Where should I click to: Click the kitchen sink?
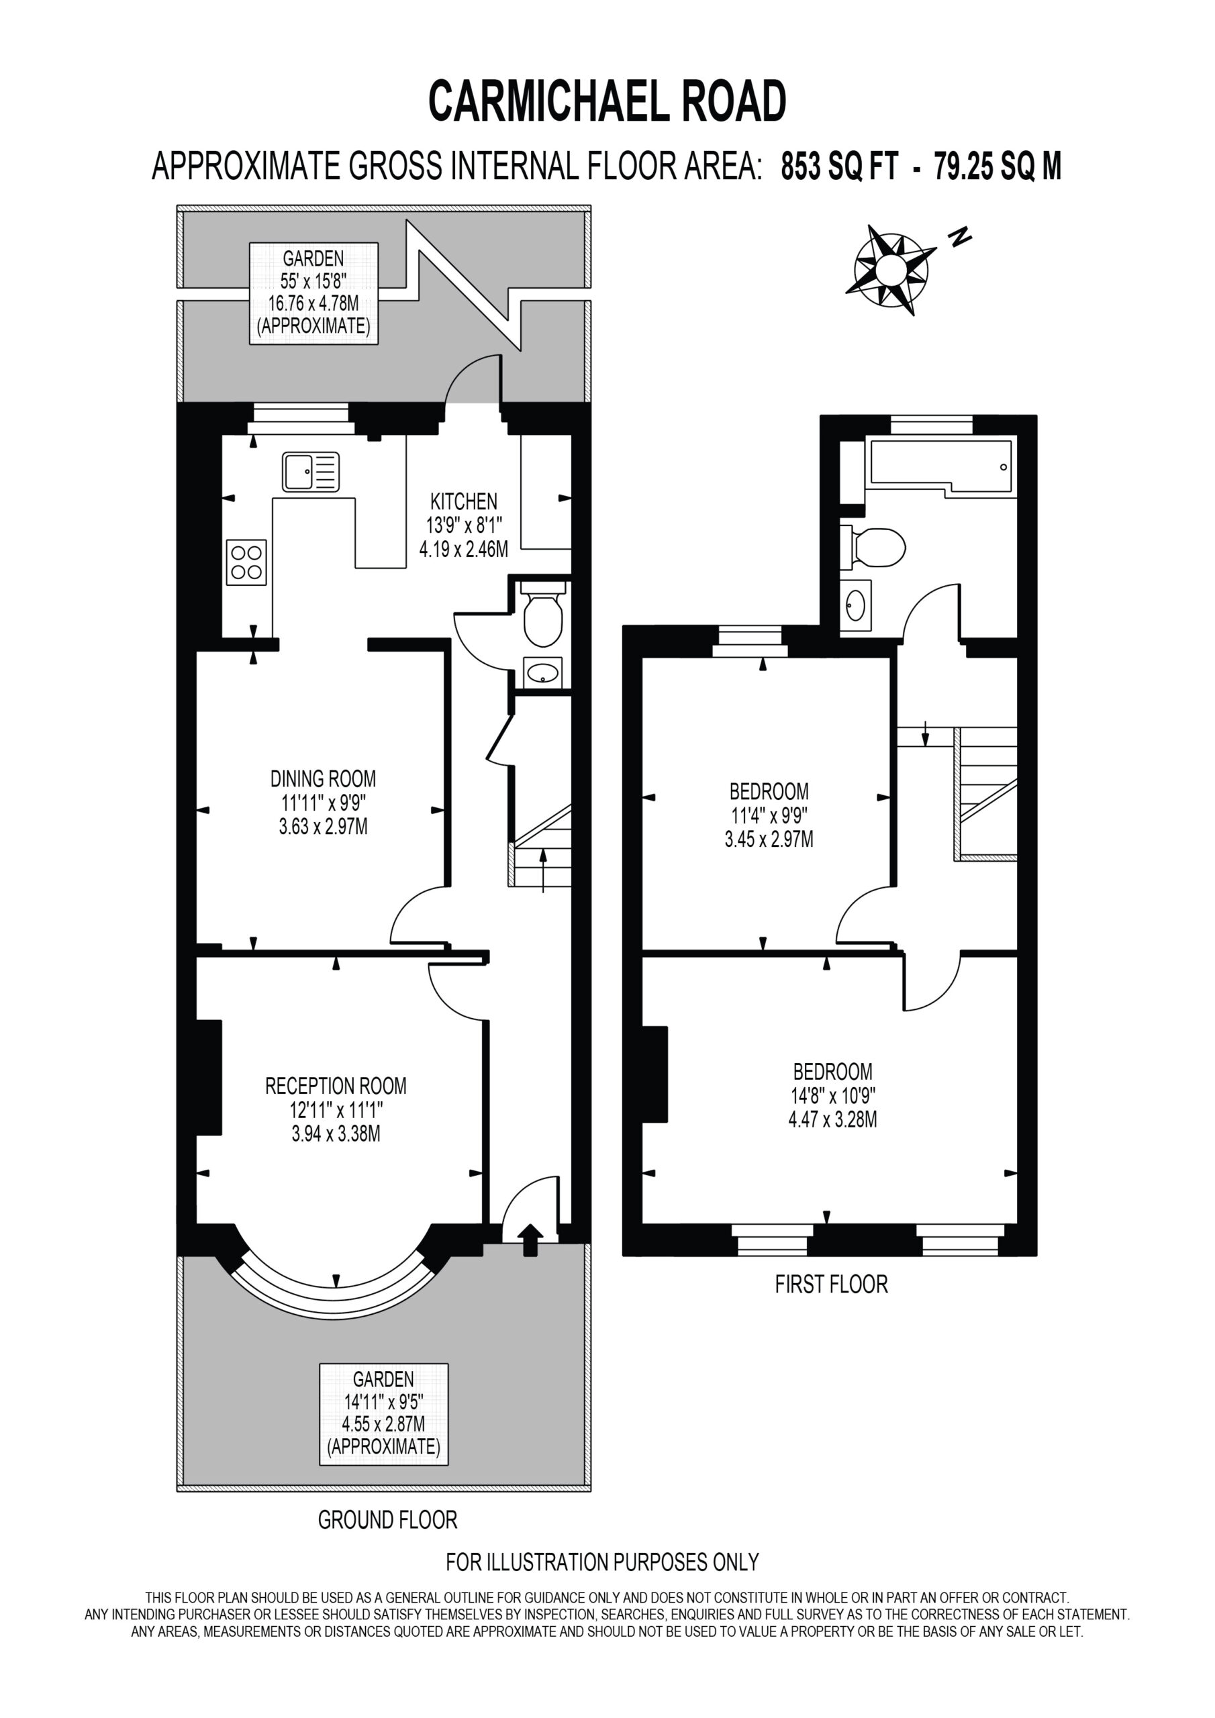coord(311,471)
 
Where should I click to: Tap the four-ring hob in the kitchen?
coord(246,562)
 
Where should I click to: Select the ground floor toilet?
coord(543,611)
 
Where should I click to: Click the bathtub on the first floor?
coord(940,466)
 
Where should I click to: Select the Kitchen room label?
coord(463,501)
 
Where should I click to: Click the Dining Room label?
coord(324,778)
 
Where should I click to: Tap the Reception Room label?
coord(336,1085)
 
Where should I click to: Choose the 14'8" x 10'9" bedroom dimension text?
coord(833,1095)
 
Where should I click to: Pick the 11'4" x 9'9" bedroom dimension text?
coord(769,815)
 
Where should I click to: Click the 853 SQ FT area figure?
coord(839,166)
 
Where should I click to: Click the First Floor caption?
coord(831,1284)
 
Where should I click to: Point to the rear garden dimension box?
coord(313,293)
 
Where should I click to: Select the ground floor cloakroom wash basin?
coord(543,672)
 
